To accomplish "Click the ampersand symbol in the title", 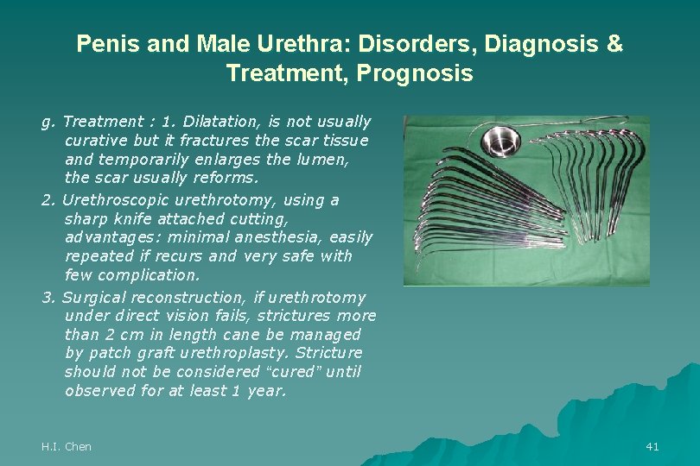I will coord(614,44).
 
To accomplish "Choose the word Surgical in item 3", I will coord(94,297).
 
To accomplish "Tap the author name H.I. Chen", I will coord(67,446).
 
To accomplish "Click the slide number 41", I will coord(652,446).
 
